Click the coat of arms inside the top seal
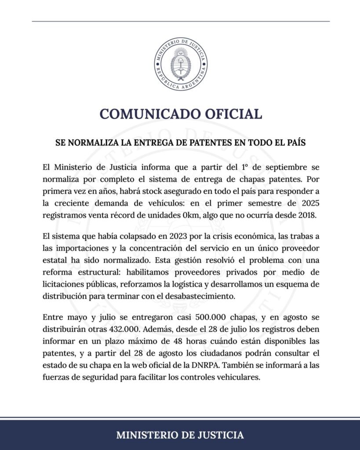coord(180,64)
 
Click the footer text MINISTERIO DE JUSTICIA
coord(180,435)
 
